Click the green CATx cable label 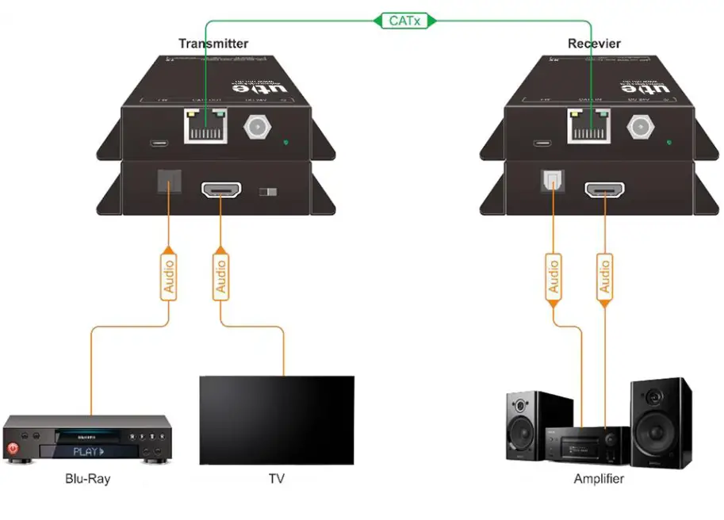(404, 21)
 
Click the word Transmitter (213, 44)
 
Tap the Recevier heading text (594, 44)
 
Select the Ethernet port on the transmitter (205, 125)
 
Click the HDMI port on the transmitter (221, 190)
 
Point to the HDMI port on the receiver (604, 190)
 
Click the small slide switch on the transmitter (270, 193)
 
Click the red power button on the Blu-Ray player (13, 449)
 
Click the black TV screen (276, 419)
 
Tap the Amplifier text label (599, 479)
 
